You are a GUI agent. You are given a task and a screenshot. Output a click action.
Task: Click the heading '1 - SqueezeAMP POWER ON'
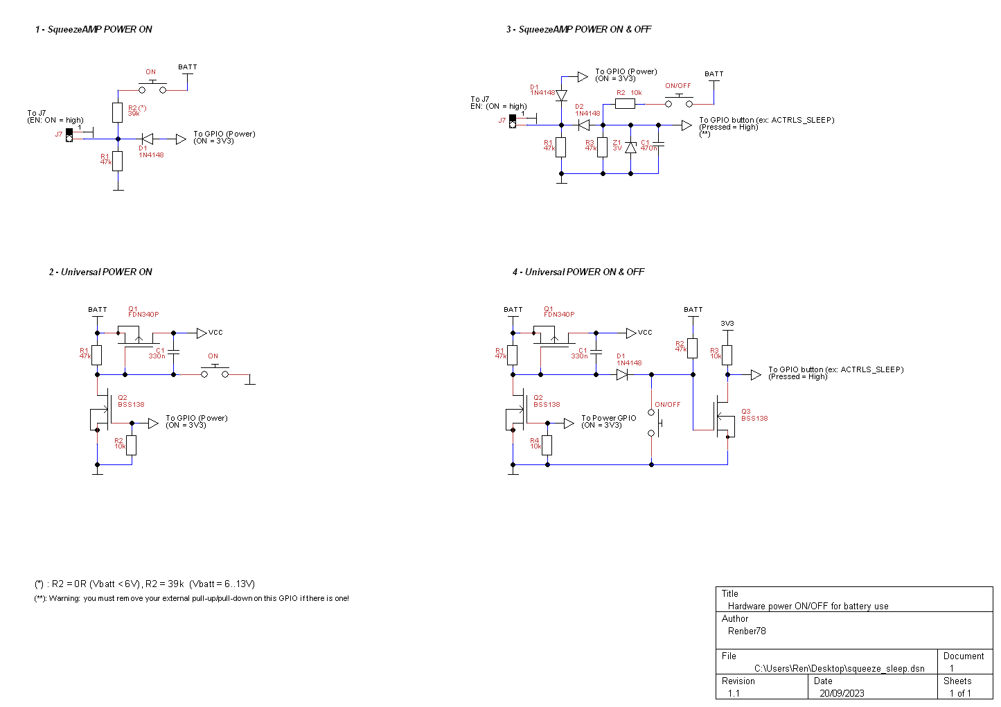point(94,29)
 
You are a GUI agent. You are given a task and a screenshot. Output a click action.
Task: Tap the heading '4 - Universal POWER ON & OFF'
point(578,272)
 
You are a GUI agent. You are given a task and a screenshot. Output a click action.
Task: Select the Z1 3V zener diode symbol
point(630,147)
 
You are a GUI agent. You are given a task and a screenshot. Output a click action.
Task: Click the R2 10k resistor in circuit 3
point(624,104)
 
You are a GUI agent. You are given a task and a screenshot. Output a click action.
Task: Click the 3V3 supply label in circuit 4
point(727,324)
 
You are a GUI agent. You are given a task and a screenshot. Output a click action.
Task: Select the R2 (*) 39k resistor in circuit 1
point(118,112)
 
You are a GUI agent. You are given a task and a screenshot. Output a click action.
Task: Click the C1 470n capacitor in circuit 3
point(659,145)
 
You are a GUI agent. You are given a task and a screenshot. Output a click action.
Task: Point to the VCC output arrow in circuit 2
point(202,333)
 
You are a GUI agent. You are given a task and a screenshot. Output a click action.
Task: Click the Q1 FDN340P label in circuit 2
point(143,312)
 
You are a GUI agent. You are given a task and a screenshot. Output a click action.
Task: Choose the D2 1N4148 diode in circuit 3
point(583,125)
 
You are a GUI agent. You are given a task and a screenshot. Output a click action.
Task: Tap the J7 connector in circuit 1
point(69,134)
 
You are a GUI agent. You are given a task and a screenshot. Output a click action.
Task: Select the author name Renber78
point(747,631)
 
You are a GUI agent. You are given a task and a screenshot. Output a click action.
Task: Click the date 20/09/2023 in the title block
point(842,693)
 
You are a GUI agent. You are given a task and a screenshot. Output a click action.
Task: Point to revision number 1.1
point(734,693)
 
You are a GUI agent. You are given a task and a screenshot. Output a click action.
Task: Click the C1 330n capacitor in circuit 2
point(173,352)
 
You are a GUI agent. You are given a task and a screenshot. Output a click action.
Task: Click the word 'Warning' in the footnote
point(64,598)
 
